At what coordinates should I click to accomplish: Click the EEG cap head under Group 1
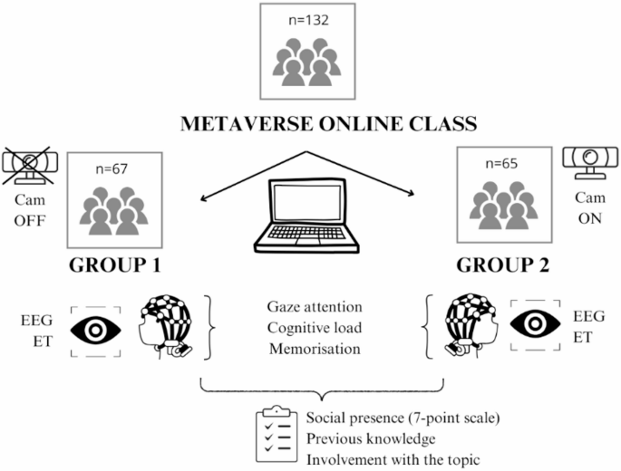tap(169, 322)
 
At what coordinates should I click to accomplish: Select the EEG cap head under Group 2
tap(462, 322)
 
